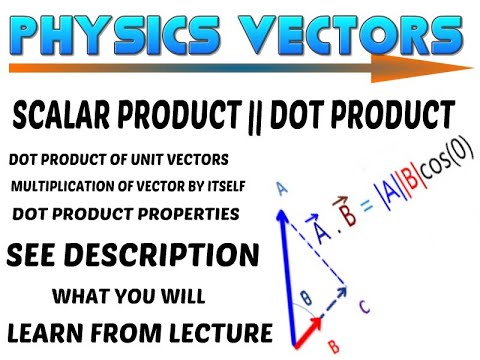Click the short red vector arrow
tap(307, 326)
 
